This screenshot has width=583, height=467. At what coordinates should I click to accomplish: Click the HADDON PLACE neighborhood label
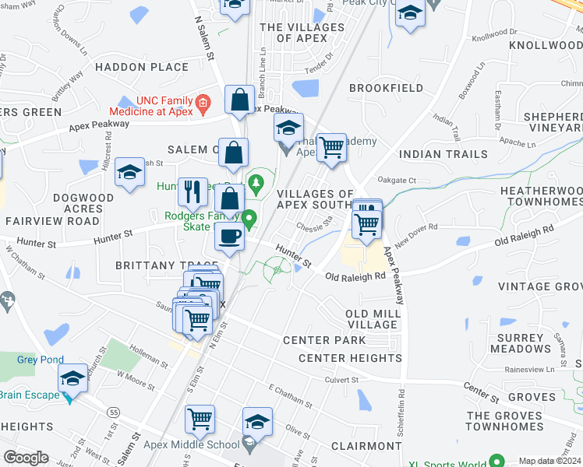(x=143, y=68)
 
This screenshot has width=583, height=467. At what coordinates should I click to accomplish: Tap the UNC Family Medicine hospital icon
(x=203, y=102)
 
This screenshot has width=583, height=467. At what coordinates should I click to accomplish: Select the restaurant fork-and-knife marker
(x=193, y=191)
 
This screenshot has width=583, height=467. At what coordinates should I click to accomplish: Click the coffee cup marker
(x=229, y=236)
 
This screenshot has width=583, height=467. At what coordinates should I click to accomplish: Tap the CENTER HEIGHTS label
(x=350, y=358)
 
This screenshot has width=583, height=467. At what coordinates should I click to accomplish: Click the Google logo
(x=26, y=457)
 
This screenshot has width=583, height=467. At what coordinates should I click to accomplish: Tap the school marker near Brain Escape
(x=73, y=379)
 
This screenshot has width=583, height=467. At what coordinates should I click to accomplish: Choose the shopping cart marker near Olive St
(x=200, y=419)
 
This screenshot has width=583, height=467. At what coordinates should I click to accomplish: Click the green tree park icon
(x=255, y=184)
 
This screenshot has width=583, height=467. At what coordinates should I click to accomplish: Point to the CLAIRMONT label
(x=366, y=446)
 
